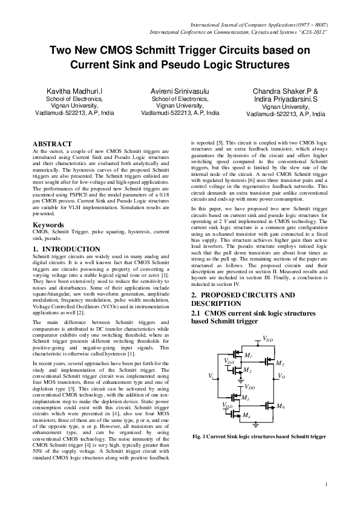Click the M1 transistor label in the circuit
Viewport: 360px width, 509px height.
tap(247, 355)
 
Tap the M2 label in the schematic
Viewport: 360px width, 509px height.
tap(247, 369)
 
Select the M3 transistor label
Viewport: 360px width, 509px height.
tap(245, 398)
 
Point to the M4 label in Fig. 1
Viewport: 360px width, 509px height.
tap(246, 416)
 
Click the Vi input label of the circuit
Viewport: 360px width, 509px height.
tap(210, 376)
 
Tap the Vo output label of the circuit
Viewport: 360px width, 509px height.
tap(281, 376)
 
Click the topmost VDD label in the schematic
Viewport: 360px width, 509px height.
tap(267, 340)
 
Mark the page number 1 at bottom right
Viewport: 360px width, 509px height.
tap(326, 484)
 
